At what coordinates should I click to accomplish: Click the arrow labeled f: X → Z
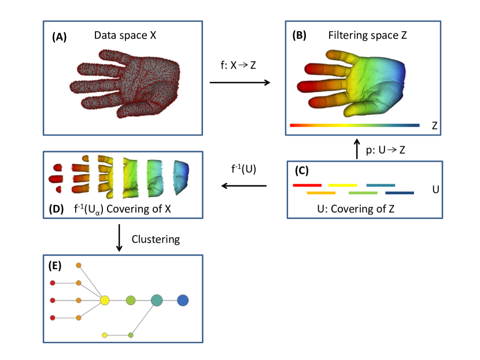click(239, 83)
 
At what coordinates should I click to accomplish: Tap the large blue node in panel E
click(183, 300)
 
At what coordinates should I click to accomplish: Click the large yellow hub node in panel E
click(105, 300)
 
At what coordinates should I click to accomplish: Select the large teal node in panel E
click(157, 300)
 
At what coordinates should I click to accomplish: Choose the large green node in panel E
click(131, 300)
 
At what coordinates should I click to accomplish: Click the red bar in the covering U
click(307, 185)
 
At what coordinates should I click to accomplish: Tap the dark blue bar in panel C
click(400, 193)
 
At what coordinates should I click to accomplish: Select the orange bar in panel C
click(321, 193)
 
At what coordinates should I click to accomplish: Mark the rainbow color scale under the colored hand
click(354, 125)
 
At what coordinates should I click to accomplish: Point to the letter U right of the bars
click(435, 189)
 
